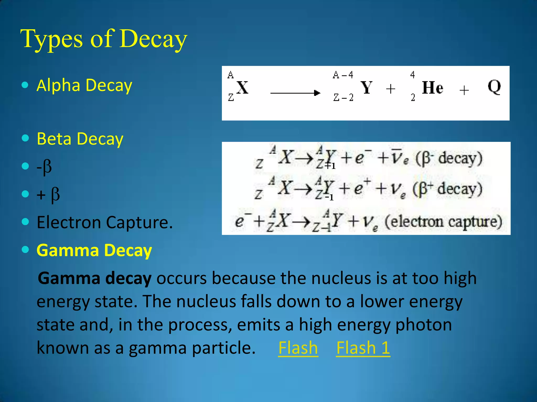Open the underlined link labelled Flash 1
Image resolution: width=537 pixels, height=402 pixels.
pos(363,348)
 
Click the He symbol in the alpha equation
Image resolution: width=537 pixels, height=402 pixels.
pos(432,88)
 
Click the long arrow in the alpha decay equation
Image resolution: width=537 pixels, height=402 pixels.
pos(295,93)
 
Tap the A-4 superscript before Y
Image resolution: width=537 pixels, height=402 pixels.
pos(343,75)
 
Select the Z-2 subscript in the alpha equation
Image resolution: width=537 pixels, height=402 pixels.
pos(343,98)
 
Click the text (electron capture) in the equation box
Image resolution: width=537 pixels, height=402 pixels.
pos(443,222)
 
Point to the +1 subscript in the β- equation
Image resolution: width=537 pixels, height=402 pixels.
pos(330,166)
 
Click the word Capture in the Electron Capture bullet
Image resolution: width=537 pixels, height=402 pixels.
pos(139,222)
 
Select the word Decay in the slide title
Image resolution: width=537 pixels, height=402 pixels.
pos(153,39)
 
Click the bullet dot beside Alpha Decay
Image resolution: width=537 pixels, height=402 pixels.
pos(25,85)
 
